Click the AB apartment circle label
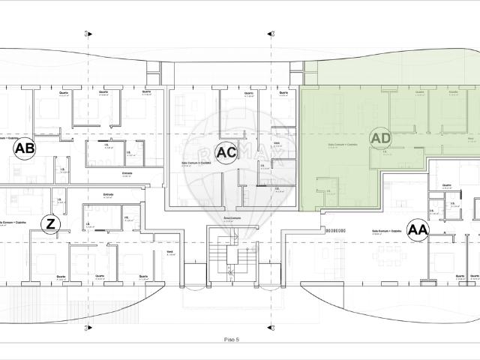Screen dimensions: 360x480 pos(25,149)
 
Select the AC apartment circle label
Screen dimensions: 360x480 pos(226,151)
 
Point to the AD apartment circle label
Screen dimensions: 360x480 pos(381,138)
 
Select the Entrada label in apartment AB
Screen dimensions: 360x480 pos(127,173)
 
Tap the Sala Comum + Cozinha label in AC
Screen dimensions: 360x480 pos(195,163)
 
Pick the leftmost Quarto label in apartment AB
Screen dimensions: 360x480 pos(64,93)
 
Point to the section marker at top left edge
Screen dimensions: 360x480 pos(88,34)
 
